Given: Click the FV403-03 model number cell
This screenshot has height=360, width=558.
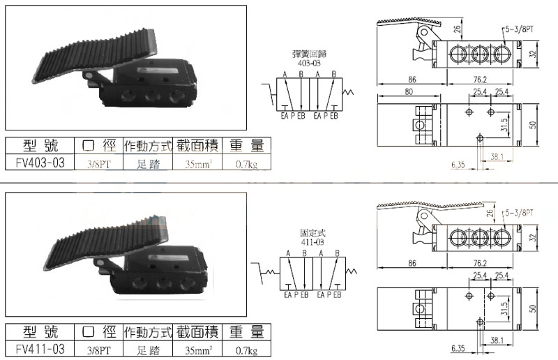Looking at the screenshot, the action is pyautogui.click(x=40, y=163).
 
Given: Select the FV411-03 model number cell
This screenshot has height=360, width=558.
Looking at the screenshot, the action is pyautogui.click(x=40, y=349).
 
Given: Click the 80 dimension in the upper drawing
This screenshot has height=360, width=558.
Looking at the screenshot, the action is pyautogui.click(x=409, y=91).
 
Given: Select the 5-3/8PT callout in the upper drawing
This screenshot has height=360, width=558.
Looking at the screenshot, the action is pyautogui.click(x=519, y=29).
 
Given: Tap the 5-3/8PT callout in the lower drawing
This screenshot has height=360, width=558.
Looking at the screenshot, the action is pyautogui.click(x=519, y=213).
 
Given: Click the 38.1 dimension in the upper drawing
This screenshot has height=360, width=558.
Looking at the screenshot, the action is pyautogui.click(x=497, y=156).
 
